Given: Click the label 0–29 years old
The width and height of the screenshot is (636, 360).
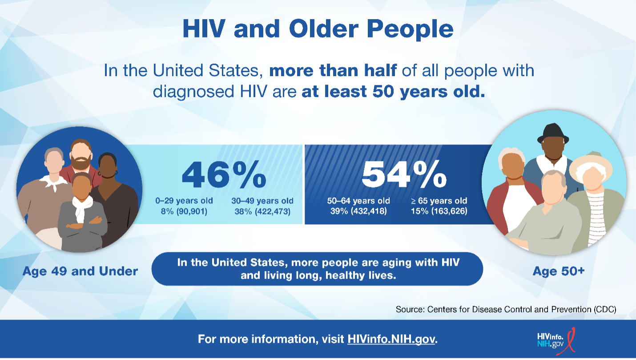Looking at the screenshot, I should pos(184,201).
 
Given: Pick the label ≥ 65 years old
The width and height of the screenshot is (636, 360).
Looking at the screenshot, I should pos(439,201).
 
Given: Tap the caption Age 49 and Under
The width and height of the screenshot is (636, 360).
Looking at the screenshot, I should pos(80,271).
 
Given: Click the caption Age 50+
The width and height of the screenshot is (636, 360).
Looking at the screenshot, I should pos(558,271).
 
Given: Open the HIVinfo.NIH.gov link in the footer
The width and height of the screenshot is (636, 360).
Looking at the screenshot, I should pos(392,339).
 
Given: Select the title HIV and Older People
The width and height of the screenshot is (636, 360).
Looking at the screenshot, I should pos(318,29).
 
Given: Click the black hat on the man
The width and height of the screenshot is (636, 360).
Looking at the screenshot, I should pos(553,133).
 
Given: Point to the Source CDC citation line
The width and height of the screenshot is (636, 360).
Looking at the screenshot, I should pos(506,309).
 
